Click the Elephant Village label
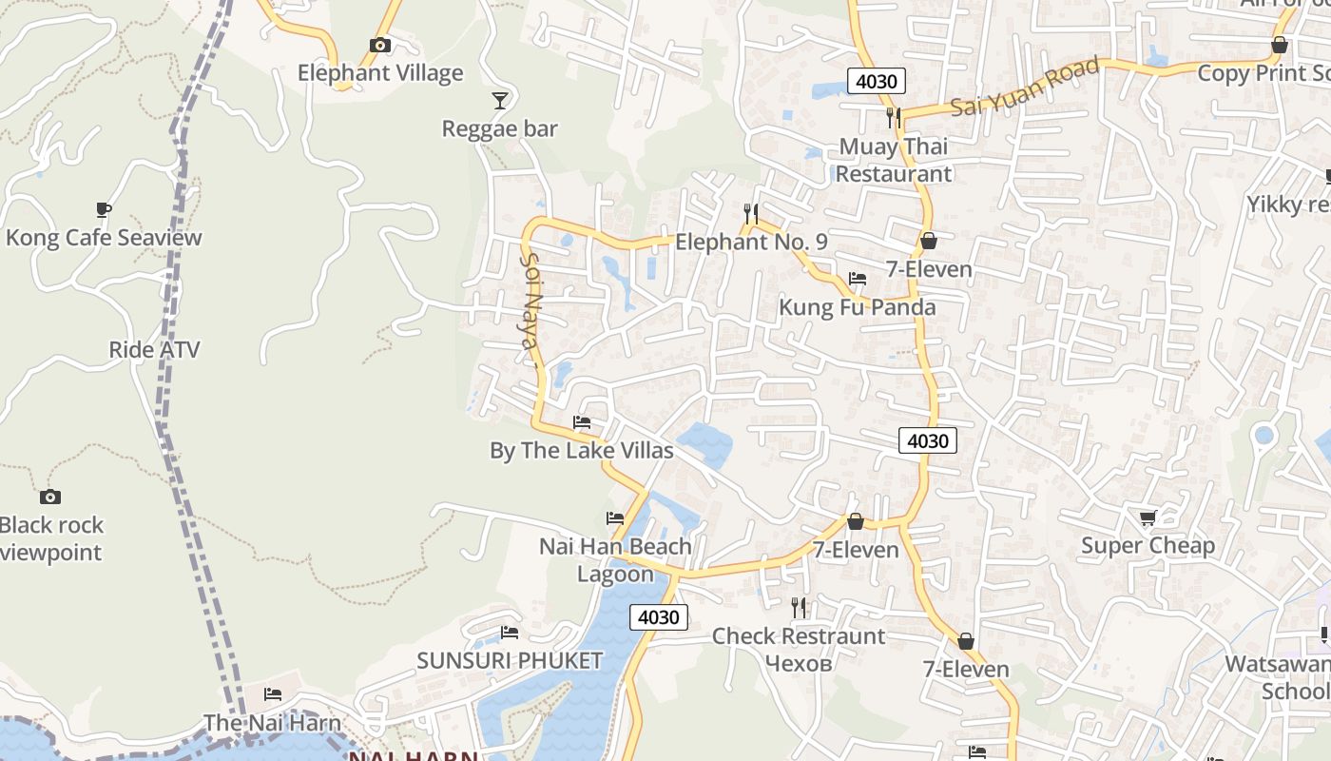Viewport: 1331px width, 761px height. (380, 73)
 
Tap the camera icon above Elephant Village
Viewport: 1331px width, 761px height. (379, 45)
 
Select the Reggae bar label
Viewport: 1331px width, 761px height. (499, 128)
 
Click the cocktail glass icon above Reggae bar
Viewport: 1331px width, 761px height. (500, 100)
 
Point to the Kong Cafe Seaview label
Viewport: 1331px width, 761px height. (104, 238)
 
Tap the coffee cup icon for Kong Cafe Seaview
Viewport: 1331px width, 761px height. (104, 209)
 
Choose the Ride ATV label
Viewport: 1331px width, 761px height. (154, 350)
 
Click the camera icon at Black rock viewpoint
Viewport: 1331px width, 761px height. (50, 497)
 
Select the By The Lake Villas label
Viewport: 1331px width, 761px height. (582, 451)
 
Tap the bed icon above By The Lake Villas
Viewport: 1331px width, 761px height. (582, 422)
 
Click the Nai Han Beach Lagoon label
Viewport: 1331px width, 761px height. (615, 560)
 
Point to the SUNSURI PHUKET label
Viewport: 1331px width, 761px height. (510, 661)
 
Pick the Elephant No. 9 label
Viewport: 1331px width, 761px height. (751, 243)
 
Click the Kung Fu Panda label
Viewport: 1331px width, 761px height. (858, 308)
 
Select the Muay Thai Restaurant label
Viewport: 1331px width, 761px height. (893, 161)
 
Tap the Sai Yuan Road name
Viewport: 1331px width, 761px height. (1025, 88)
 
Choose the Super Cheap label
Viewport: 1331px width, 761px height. (1148, 546)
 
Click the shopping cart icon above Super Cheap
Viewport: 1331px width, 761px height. (1148, 517)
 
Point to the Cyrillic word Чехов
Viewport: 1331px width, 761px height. (799, 663)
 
